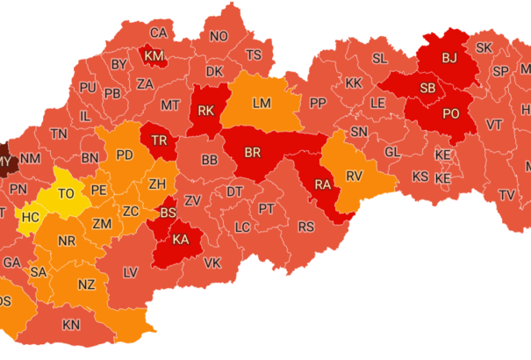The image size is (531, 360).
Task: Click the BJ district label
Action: point(449,59)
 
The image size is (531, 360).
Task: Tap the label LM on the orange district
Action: point(262,103)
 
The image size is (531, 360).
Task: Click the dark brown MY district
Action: point(5,162)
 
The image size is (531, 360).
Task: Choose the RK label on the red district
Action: point(207,111)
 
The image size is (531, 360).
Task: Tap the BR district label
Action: point(253,153)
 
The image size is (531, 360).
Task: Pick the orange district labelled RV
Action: point(354,176)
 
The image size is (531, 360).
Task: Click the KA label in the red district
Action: point(182,240)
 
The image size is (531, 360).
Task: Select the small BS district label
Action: point(167,212)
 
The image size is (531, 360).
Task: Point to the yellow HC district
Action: point(31,216)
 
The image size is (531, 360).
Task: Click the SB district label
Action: point(428,88)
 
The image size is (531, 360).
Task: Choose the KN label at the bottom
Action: point(71,324)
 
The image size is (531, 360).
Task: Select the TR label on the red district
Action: point(160,141)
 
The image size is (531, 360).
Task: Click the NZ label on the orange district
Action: point(86,284)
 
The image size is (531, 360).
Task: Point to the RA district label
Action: point(323,185)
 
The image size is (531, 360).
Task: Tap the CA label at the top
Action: point(159,33)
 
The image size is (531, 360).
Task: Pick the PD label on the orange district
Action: point(125,155)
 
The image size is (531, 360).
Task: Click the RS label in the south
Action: point(306,227)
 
